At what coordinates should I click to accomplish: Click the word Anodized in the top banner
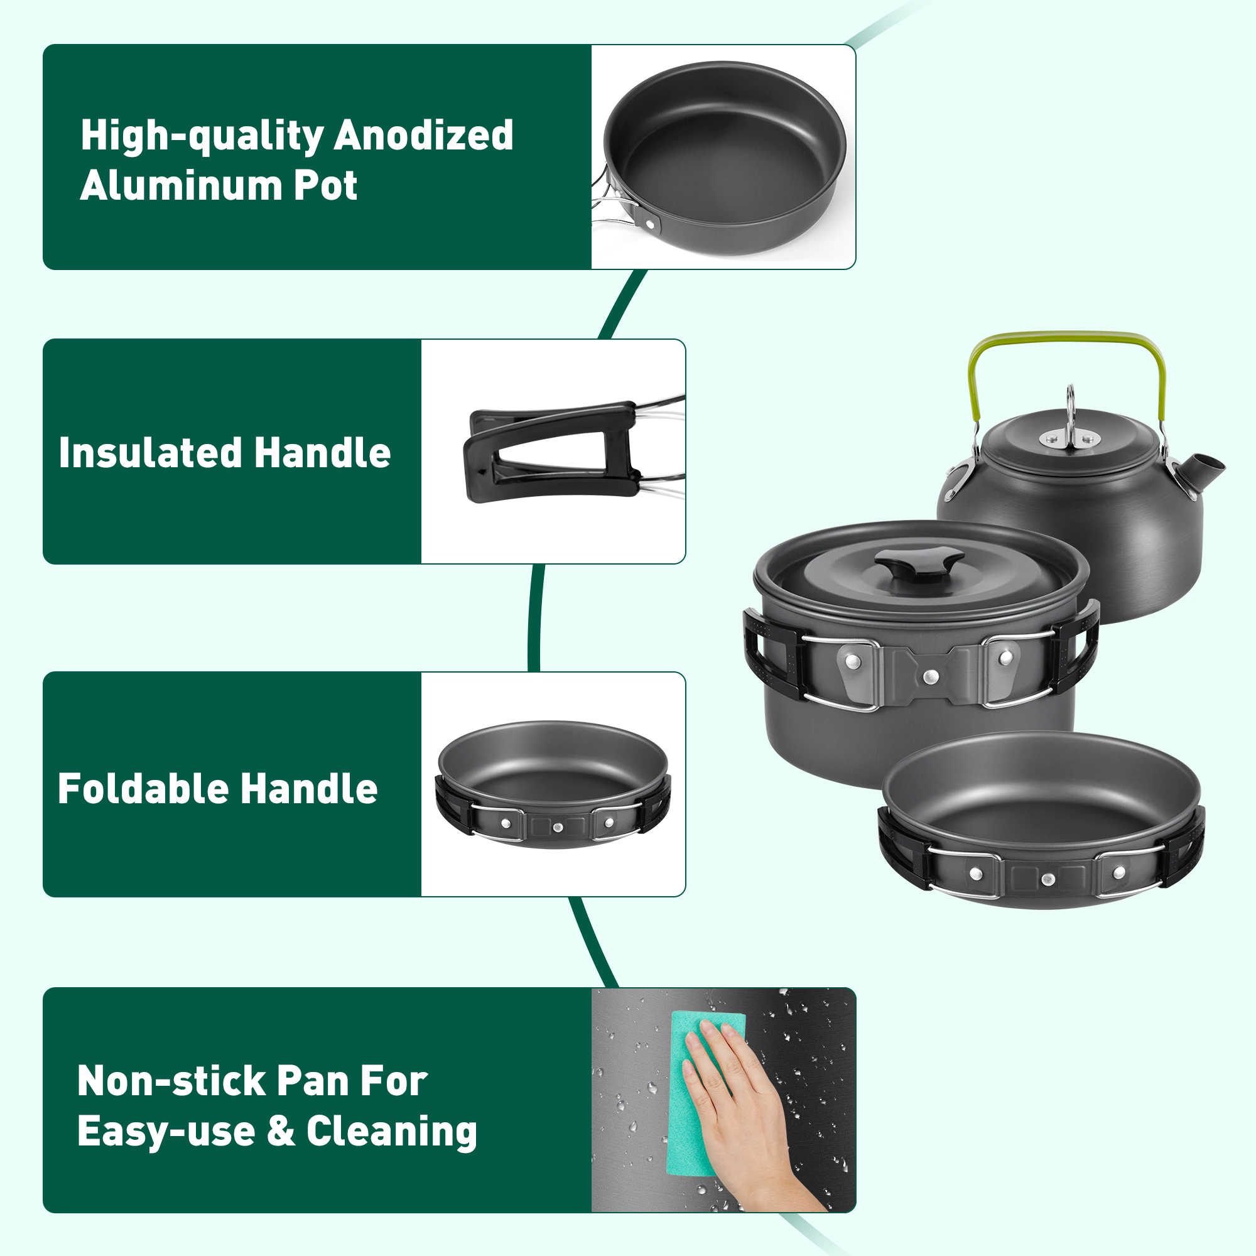click(x=423, y=135)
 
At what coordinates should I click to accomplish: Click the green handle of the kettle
click(x=1068, y=338)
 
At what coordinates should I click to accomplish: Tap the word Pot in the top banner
click(x=325, y=186)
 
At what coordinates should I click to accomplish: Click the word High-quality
click(x=202, y=136)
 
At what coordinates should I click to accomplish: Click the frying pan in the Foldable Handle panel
click(x=553, y=784)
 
